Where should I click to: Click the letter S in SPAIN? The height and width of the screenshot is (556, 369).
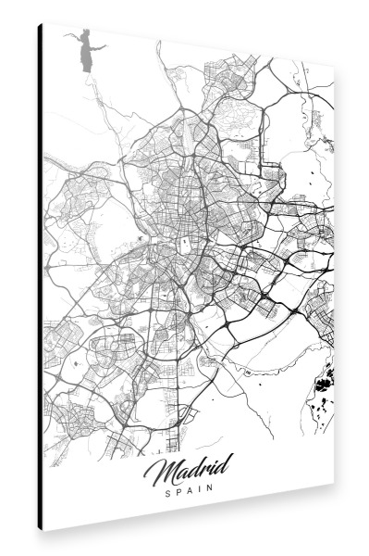167,494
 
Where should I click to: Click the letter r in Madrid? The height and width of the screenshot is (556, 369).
201,471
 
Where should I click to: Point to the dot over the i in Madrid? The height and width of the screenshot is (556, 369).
212,462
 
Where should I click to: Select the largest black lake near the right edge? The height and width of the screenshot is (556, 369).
326,378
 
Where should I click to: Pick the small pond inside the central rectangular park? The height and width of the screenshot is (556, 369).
186,241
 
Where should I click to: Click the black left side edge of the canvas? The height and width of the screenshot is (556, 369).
41,278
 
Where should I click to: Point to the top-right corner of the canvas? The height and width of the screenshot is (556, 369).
334,69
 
